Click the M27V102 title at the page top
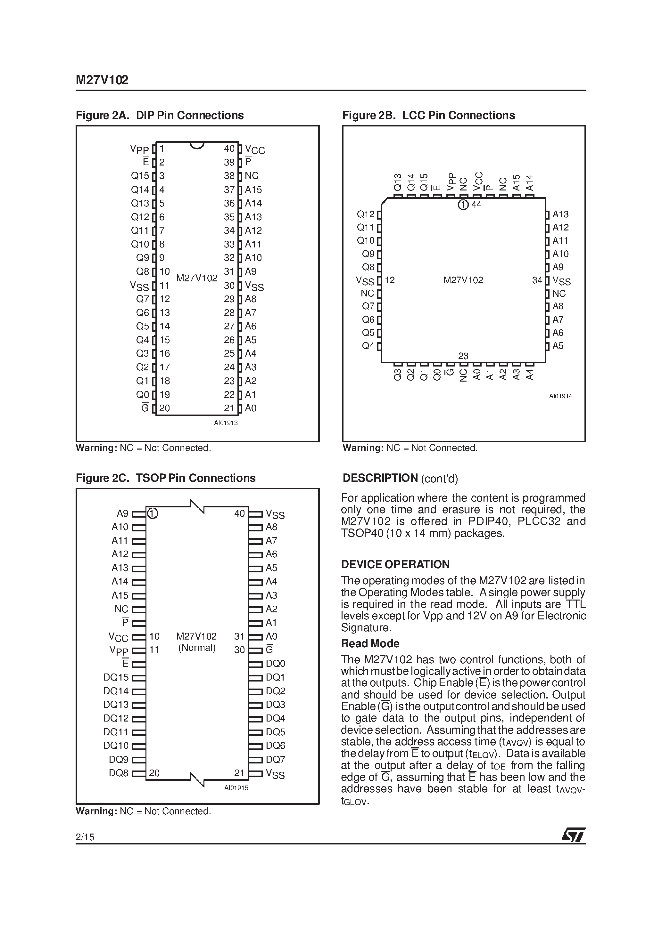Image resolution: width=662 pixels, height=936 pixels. point(102,80)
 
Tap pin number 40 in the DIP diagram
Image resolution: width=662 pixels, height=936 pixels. point(229,149)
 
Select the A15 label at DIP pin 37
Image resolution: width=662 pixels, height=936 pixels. point(253,190)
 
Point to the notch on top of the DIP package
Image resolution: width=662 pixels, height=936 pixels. point(197,145)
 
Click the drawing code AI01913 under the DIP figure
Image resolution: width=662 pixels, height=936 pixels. point(226,423)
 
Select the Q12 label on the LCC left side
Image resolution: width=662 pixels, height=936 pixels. point(365,214)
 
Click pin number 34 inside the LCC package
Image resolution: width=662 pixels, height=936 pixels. point(537,280)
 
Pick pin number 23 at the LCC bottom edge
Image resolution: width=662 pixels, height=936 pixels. point(463,356)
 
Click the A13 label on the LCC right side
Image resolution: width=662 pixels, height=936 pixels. point(560,214)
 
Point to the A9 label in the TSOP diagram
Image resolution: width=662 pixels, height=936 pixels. point(122,513)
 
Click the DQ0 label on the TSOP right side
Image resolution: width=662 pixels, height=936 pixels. point(276,663)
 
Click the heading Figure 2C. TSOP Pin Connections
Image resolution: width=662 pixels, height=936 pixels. point(166,478)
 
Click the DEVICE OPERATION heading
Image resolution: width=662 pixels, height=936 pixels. point(395,564)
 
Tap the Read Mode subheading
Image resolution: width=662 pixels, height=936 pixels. point(370,643)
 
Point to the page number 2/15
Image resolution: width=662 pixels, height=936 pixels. point(85,837)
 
